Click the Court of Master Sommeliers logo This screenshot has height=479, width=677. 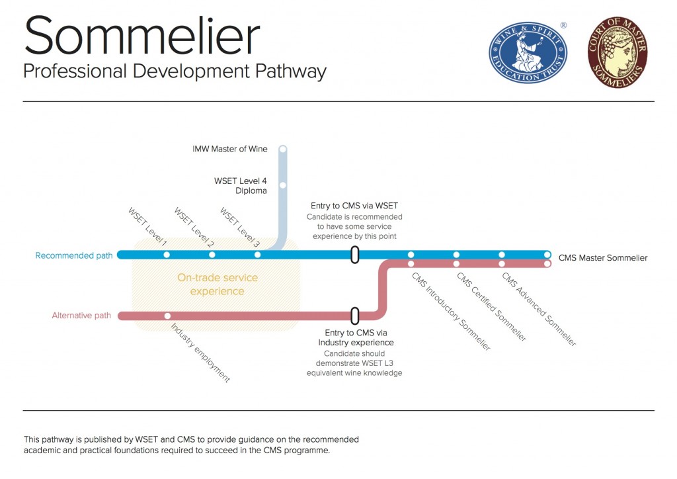[617, 53]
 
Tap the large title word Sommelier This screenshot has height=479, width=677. [142, 36]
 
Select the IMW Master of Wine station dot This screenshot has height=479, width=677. [283, 150]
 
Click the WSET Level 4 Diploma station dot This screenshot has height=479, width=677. [283, 185]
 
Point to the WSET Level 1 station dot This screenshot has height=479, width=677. [167, 255]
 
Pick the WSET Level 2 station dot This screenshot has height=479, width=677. [212, 255]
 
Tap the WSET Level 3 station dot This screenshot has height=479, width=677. [257, 255]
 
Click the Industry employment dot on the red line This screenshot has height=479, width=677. [168, 316]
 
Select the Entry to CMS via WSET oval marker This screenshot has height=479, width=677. [355, 255]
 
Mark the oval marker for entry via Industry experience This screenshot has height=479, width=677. [355, 316]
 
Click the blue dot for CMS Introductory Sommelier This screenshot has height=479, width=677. [411, 255]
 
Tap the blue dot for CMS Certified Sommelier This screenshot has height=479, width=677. [456, 255]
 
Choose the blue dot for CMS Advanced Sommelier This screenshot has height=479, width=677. [502, 255]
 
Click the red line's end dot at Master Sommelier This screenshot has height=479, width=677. [547, 264]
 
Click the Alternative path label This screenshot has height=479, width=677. [81, 316]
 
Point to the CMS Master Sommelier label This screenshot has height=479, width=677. [603, 258]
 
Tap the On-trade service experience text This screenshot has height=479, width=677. [218, 284]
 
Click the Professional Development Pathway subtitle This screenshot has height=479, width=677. [175, 71]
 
